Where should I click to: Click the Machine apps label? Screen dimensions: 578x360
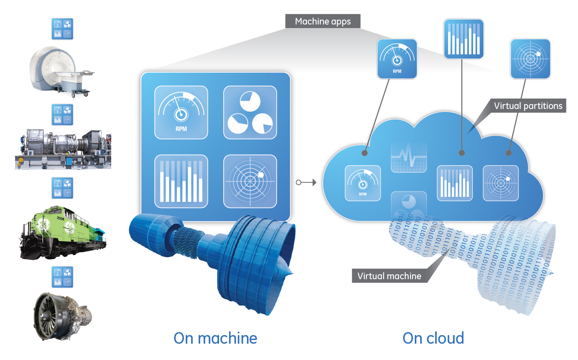[x=323, y=21]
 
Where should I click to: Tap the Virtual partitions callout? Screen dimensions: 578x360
[x=528, y=106]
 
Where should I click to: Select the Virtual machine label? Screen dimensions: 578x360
[x=389, y=276]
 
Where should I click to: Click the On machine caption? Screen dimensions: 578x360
[x=215, y=338]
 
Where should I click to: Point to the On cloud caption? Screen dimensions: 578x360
[x=433, y=338]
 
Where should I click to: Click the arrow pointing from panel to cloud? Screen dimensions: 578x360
[x=306, y=183]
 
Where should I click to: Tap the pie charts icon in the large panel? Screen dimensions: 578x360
[x=250, y=112]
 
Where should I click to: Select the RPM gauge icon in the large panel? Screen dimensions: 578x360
[x=181, y=112]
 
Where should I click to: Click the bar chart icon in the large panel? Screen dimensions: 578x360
[x=181, y=181]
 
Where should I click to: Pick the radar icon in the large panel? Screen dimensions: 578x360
[x=250, y=181]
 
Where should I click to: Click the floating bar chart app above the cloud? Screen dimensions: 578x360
[x=463, y=39]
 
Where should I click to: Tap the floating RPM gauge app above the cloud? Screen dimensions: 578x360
[x=397, y=59]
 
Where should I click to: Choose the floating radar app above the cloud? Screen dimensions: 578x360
[x=531, y=59]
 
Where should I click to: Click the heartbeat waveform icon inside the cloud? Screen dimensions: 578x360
[x=409, y=156]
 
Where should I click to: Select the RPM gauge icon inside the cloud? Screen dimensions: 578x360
[x=363, y=183]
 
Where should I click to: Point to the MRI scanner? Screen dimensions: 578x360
[x=61, y=71]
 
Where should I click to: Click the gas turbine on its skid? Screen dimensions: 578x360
[x=63, y=149]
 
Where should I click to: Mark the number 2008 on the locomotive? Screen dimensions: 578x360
[x=60, y=218]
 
